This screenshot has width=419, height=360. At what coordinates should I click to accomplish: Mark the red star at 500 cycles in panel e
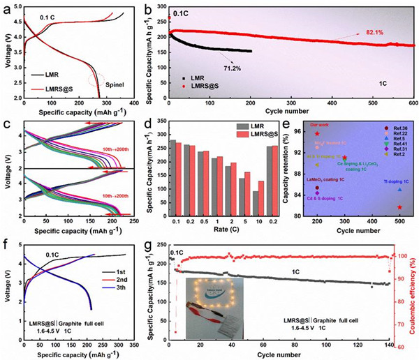click(400, 207)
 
